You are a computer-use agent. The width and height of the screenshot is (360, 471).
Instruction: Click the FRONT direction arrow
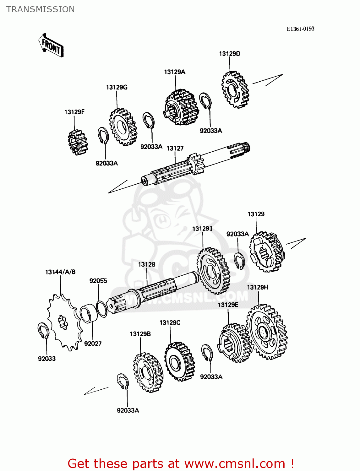pyautogui.click(x=51, y=46)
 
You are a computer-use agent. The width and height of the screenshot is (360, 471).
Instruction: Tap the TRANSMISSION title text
pyautogui.click(x=41, y=9)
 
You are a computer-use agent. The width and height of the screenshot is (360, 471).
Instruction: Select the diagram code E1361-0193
pyautogui.click(x=300, y=29)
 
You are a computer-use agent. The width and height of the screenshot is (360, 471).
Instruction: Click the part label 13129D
pyautogui.click(x=230, y=54)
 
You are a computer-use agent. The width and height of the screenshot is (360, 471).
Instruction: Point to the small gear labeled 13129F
pyautogui.click(x=78, y=143)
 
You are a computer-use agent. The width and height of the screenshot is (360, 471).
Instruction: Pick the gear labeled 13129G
pyautogui.click(x=123, y=127)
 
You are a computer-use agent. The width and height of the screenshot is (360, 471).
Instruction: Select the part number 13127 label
pyautogui.click(x=175, y=148)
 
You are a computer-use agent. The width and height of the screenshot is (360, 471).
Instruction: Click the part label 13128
pyautogui.click(x=147, y=264)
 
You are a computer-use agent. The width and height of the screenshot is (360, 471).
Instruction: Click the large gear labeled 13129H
pyautogui.click(x=267, y=332)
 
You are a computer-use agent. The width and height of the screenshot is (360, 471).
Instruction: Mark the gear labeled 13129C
pyautogui.click(x=179, y=361)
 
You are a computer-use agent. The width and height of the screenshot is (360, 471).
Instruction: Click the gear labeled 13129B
pyautogui.click(x=148, y=372)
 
